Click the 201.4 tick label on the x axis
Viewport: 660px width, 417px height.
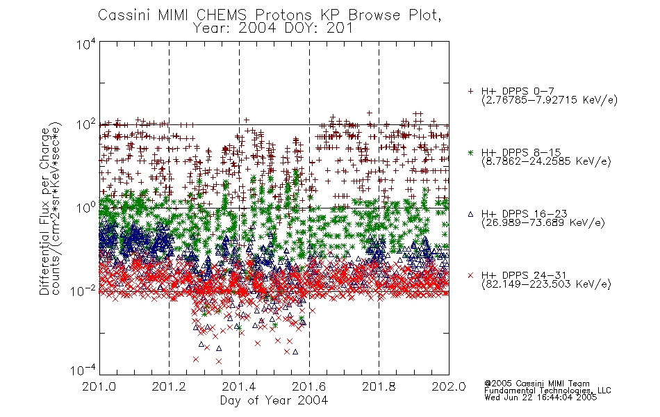tap(239, 386)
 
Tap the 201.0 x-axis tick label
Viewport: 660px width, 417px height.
tap(99, 386)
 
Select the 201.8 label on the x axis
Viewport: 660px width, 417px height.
tap(379, 386)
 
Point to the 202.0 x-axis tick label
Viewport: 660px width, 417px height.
tap(449, 386)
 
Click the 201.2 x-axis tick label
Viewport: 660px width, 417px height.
tap(170, 386)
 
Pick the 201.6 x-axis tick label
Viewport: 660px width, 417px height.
tap(309, 386)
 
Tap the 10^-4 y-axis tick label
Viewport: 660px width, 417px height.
tap(83, 370)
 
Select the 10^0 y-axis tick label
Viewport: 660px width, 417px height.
tap(86, 208)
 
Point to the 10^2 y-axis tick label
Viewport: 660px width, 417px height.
tap(86, 125)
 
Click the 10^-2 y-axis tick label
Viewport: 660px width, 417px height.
tap(83, 291)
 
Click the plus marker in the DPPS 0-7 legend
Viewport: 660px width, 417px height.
tap(470, 91)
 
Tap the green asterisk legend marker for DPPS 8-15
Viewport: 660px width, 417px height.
tap(470, 152)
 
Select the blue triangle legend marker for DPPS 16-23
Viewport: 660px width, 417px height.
tap(470, 214)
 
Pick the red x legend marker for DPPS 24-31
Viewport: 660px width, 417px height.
tap(470, 275)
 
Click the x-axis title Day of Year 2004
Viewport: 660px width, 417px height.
tap(274, 400)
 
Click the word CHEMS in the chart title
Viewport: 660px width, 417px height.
tap(222, 15)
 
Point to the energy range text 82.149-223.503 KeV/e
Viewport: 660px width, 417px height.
tap(546, 284)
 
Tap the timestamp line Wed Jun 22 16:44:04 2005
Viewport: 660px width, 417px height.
tap(541, 397)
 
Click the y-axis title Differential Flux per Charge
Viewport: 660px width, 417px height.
tap(44, 211)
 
